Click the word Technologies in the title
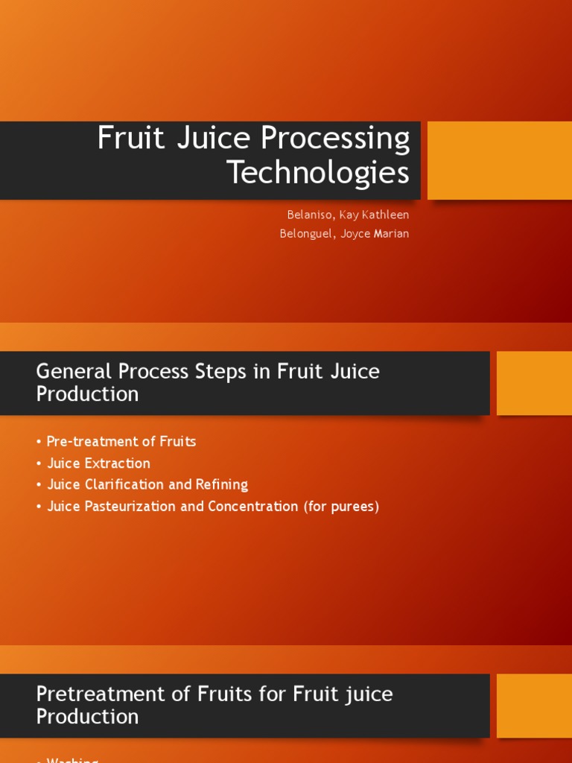(318, 173)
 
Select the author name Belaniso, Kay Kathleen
(348, 215)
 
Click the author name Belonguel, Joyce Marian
(344, 233)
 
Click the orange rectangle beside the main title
(499, 160)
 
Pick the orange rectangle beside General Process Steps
(534, 383)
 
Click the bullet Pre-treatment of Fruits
(121, 441)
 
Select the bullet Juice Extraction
(98, 463)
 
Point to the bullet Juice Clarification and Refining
(147, 484)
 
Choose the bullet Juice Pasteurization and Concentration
(172, 506)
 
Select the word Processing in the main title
(331, 139)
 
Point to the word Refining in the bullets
(221, 484)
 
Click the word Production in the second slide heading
(87, 394)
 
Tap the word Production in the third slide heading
(87, 717)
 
